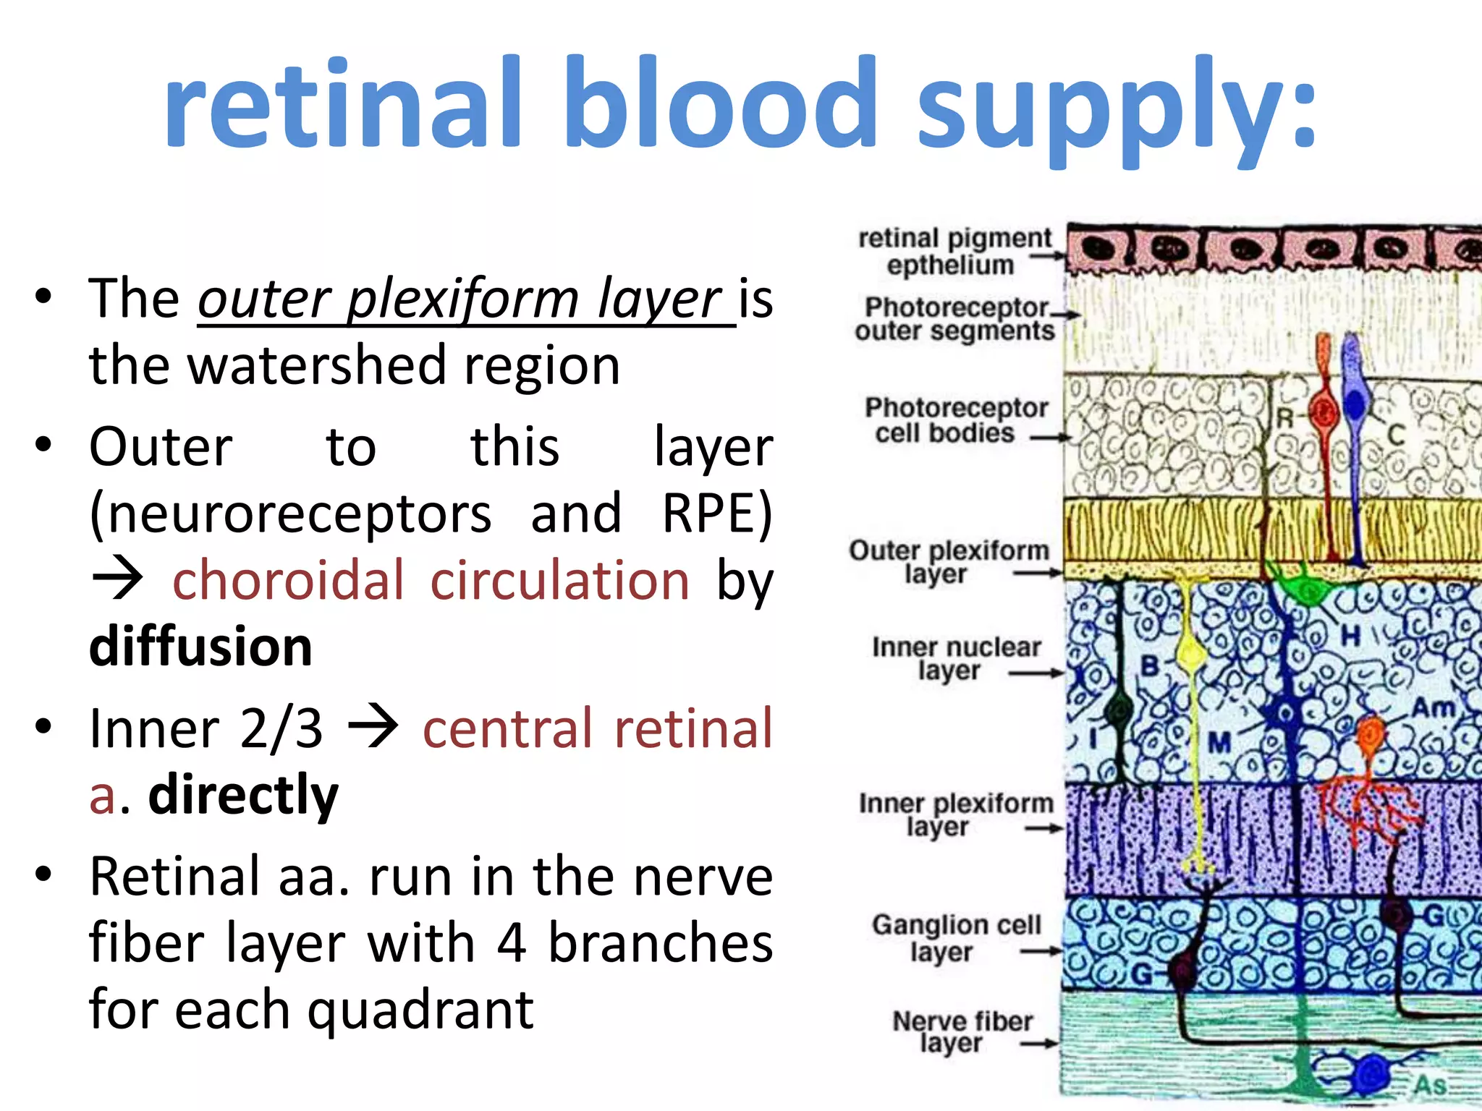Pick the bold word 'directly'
coord(243,794)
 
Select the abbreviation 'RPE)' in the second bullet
coord(717,514)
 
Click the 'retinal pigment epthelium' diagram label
coord(954,251)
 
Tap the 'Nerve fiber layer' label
coord(962,1032)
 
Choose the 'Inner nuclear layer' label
coord(955,658)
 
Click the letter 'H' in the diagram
coord(1350,637)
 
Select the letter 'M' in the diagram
coord(1220,741)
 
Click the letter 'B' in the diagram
coord(1150,665)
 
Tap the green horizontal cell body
coord(1307,589)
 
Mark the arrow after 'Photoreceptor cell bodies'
coord(1050,438)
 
